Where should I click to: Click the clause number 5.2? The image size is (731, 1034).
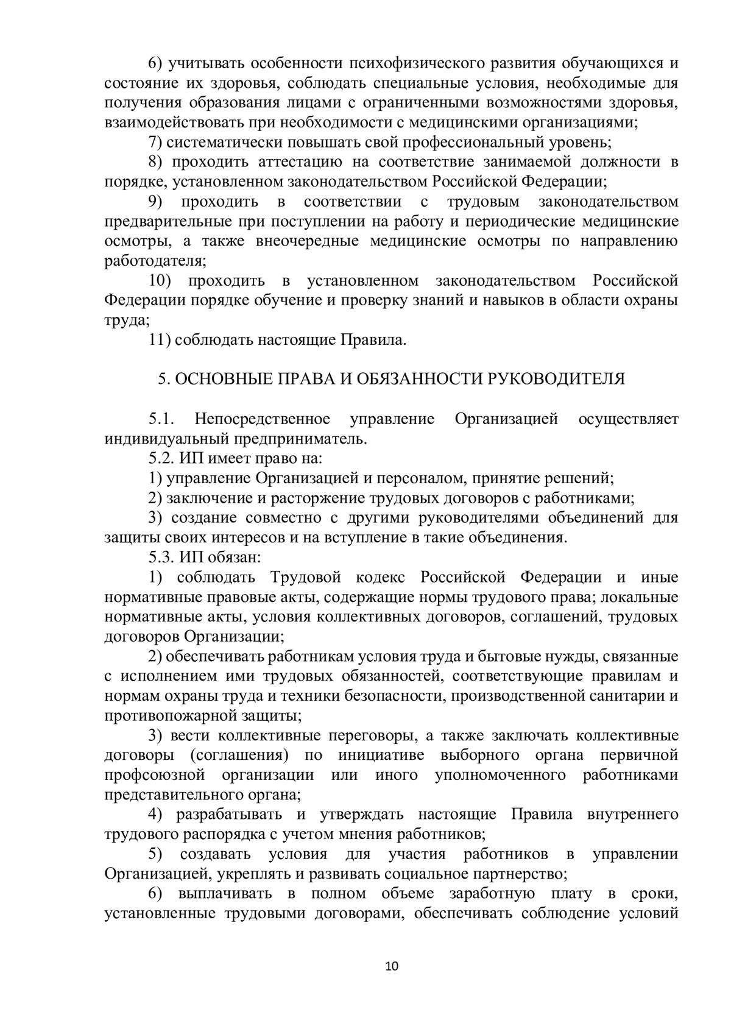pyautogui.click(x=162, y=458)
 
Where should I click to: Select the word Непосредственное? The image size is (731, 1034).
pyautogui.click(x=263, y=419)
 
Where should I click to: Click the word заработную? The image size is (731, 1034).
pyautogui.click(x=492, y=893)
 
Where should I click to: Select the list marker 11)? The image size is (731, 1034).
pyautogui.click(x=160, y=339)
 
